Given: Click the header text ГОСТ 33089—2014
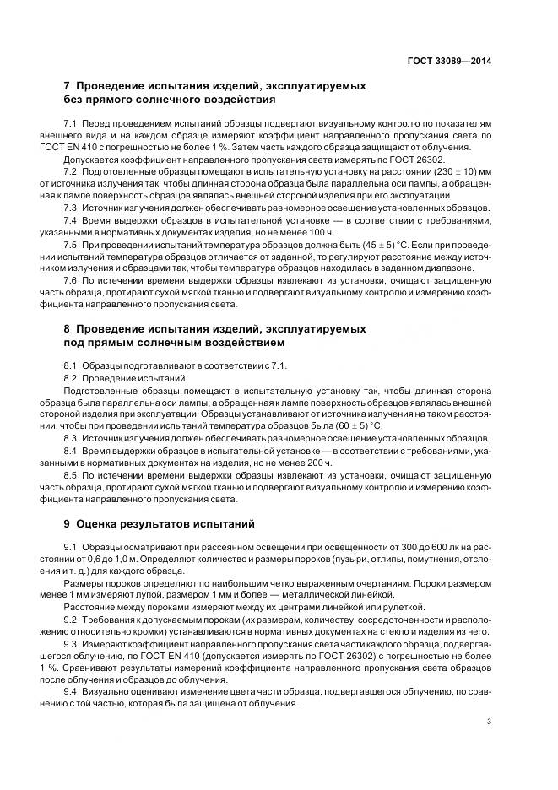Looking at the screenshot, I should click(451, 61).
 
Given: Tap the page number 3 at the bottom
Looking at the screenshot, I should click(489, 721).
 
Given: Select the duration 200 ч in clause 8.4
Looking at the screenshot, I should click(309, 463).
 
